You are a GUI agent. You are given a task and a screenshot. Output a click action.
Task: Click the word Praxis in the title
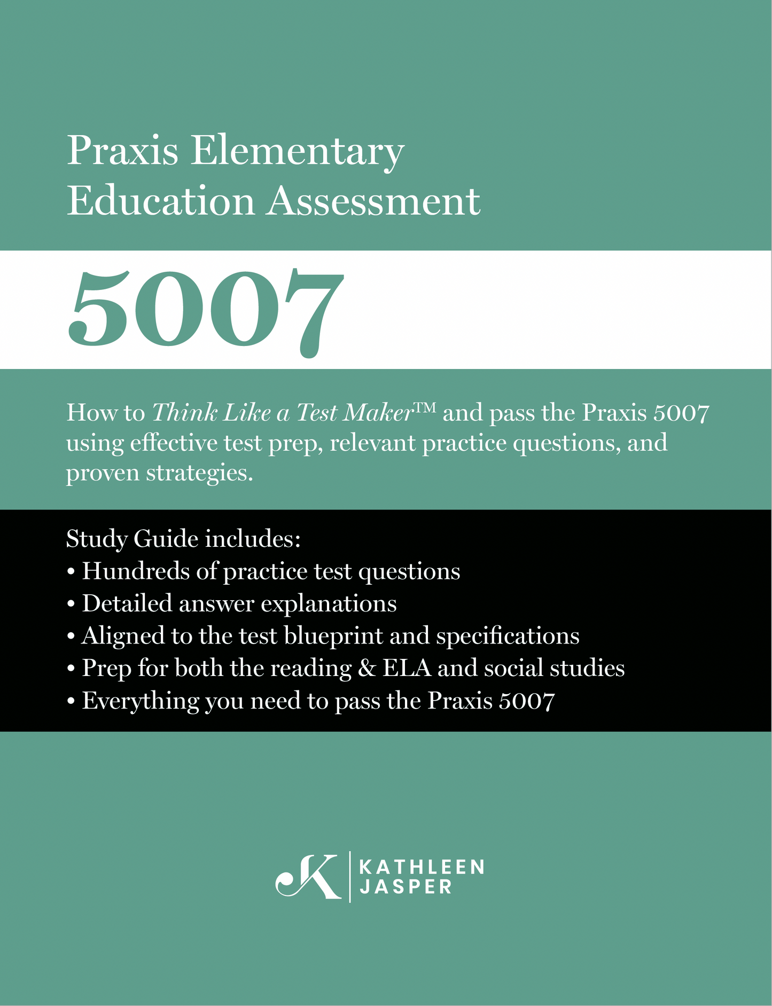click(122, 151)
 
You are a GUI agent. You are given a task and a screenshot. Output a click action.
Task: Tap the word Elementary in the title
click(297, 151)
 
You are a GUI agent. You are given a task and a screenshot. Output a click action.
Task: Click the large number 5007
click(206, 310)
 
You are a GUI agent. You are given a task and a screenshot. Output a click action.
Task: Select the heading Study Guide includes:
click(183, 538)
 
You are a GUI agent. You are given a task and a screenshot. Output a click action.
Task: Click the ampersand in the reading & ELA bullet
click(367, 669)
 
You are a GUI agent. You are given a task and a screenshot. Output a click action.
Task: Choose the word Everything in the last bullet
click(140, 701)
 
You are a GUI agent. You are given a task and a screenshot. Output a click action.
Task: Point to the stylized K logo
click(308, 876)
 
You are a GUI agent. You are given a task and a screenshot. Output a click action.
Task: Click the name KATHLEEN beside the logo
click(422, 866)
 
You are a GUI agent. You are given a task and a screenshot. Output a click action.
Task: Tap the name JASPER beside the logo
click(406, 887)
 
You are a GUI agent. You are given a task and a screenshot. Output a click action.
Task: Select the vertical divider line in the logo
click(350, 876)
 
